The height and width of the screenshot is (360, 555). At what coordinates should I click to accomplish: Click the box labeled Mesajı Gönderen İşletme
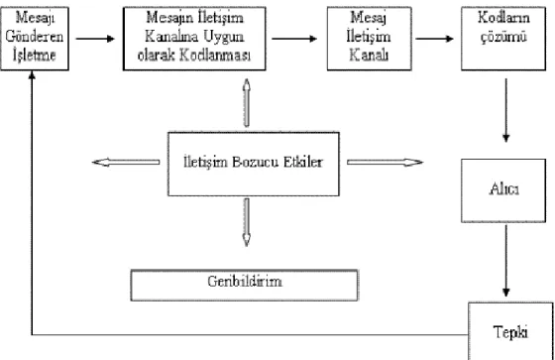[35, 39]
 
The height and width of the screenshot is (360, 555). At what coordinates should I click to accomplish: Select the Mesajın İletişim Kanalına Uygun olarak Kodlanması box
[194, 39]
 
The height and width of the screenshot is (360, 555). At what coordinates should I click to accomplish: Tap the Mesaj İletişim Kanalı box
[369, 39]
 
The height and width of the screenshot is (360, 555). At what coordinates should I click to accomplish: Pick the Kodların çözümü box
[503, 39]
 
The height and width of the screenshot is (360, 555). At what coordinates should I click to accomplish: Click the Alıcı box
[503, 190]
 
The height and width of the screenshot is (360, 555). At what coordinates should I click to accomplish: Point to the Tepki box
[510, 331]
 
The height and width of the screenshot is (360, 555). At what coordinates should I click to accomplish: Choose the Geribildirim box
[244, 286]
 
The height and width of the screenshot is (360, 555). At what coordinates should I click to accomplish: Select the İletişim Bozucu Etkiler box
[254, 164]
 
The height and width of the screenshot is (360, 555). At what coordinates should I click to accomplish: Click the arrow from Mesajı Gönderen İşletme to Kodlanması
[95, 39]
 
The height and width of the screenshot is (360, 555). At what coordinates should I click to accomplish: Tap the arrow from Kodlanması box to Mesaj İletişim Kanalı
[294, 39]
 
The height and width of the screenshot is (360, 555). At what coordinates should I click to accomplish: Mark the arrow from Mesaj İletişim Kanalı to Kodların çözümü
[435, 39]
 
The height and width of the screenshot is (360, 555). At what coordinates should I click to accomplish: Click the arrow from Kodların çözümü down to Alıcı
[506, 110]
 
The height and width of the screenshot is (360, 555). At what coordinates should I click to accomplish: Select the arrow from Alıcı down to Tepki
[506, 261]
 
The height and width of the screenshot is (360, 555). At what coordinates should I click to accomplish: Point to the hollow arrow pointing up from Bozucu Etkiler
[247, 103]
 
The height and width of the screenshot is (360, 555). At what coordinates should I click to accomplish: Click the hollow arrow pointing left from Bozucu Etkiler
[126, 163]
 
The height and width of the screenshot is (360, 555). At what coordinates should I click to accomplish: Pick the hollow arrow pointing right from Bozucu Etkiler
[385, 163]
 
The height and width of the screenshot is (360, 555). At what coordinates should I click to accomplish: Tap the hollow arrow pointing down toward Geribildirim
[247, 222]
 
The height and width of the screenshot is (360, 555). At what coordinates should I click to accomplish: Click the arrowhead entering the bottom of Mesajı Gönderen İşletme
[32, 74]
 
